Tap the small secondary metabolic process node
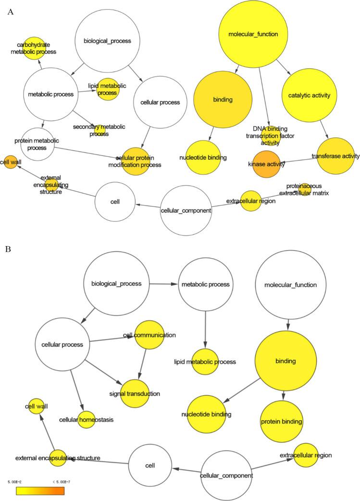tap(100, 129)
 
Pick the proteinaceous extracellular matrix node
tap(305, 189)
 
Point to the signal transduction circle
tap(139, 394)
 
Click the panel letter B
tap(8, 250)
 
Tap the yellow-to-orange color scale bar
tap(40, 491)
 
